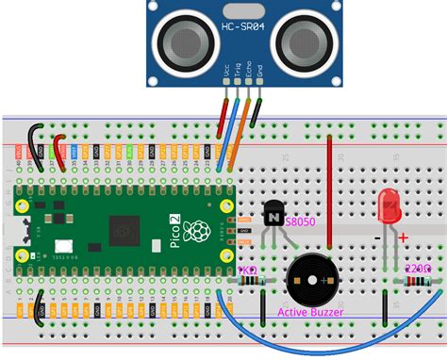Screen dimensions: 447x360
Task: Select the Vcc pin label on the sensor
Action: coord(225,71)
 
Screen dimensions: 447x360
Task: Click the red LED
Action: coord(387,207)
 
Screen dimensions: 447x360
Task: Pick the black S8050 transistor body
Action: coord(272,217)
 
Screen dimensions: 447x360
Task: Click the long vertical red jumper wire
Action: coord(329,174)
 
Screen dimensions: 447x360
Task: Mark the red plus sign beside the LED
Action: coord(403,237)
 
